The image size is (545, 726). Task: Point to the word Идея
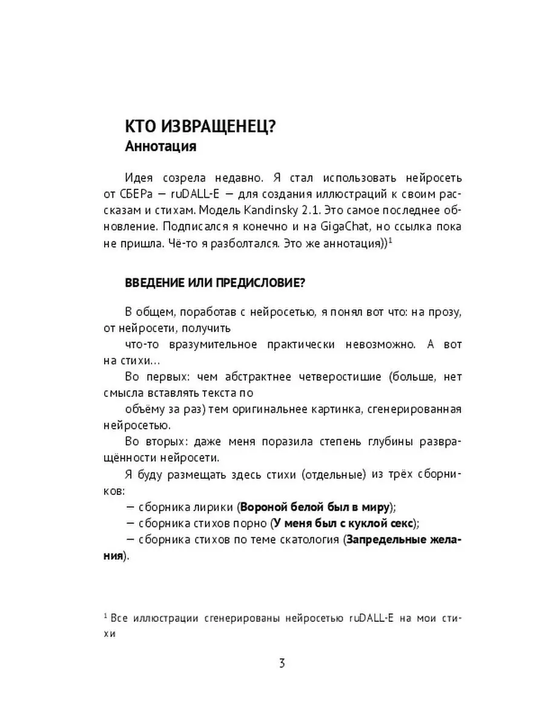click(x=139, y=178)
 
